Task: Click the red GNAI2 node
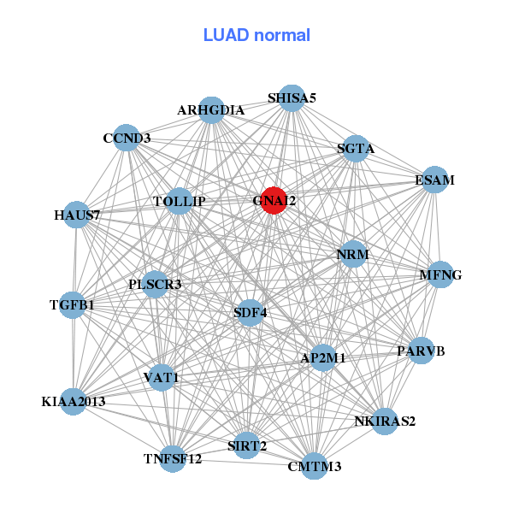point(273,201)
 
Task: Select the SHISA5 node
point(292,97)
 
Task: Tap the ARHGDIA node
point(212,110)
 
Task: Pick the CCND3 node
point(127,138)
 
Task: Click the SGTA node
point(356,148)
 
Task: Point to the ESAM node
point(435,180)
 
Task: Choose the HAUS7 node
point(78,215)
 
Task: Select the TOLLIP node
point(180,201)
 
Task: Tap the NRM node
point(352,254)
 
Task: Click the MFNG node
point(440,274)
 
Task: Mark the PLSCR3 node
point(156,284)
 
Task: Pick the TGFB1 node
point(73,304)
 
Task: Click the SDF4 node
point(251,312)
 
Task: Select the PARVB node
point(421,351)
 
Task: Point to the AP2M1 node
point(322,358)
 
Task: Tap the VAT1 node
point(162,377)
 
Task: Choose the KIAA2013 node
point(73,401)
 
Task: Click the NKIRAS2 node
point(385,421)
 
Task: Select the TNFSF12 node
point(173,459)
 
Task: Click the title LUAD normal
point(256,35)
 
